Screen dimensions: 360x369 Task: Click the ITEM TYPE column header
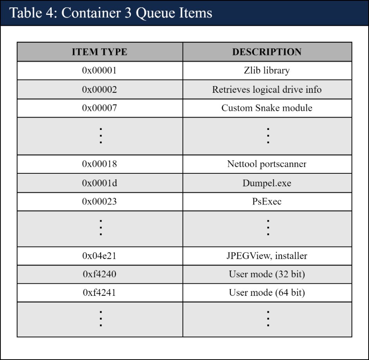pyautogui.click(x=99, y=52)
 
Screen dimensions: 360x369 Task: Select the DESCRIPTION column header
pyautogui.click(x=267, y=52)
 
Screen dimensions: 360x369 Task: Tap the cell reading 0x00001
pyautogui.click(x=99, y=71)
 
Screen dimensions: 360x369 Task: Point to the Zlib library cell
pyautogui.click(x=267, y=71)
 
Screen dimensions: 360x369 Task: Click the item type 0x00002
pyautogui.click(x=99, y=90)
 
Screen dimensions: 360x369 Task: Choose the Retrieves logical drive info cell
pyautogui.click(x=267, y=90)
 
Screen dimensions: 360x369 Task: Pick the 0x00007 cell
pyautogui.click(x=99, y=108)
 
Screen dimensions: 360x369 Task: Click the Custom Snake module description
pyautogui.click(x=267, y=108)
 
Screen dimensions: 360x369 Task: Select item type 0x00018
pyautogui.click(x=99, y=164)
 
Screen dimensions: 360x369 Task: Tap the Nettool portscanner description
pyautogui.click(x=267, y=164)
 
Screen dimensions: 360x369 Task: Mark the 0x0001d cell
pyautogui.click(x=99, y=183)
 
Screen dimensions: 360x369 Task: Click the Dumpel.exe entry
pyautogui.click(x=267, y=183)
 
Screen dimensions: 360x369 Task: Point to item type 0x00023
pyautogui.click(x=99, y=202)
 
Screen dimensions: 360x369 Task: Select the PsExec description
pyautogui.click(x=267, y=202)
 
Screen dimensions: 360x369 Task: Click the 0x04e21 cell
pyautogui.click(x=99, y=256)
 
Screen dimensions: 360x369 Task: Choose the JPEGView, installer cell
pyautogui.click(x=267, y=256)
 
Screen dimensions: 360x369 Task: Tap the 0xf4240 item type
pyautogui.click(x=99, y=274)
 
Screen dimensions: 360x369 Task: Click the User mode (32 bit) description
pyautogui.click(x=267, y=274)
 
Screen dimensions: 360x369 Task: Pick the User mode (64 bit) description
pyautogui.click(x=267, y=293)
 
